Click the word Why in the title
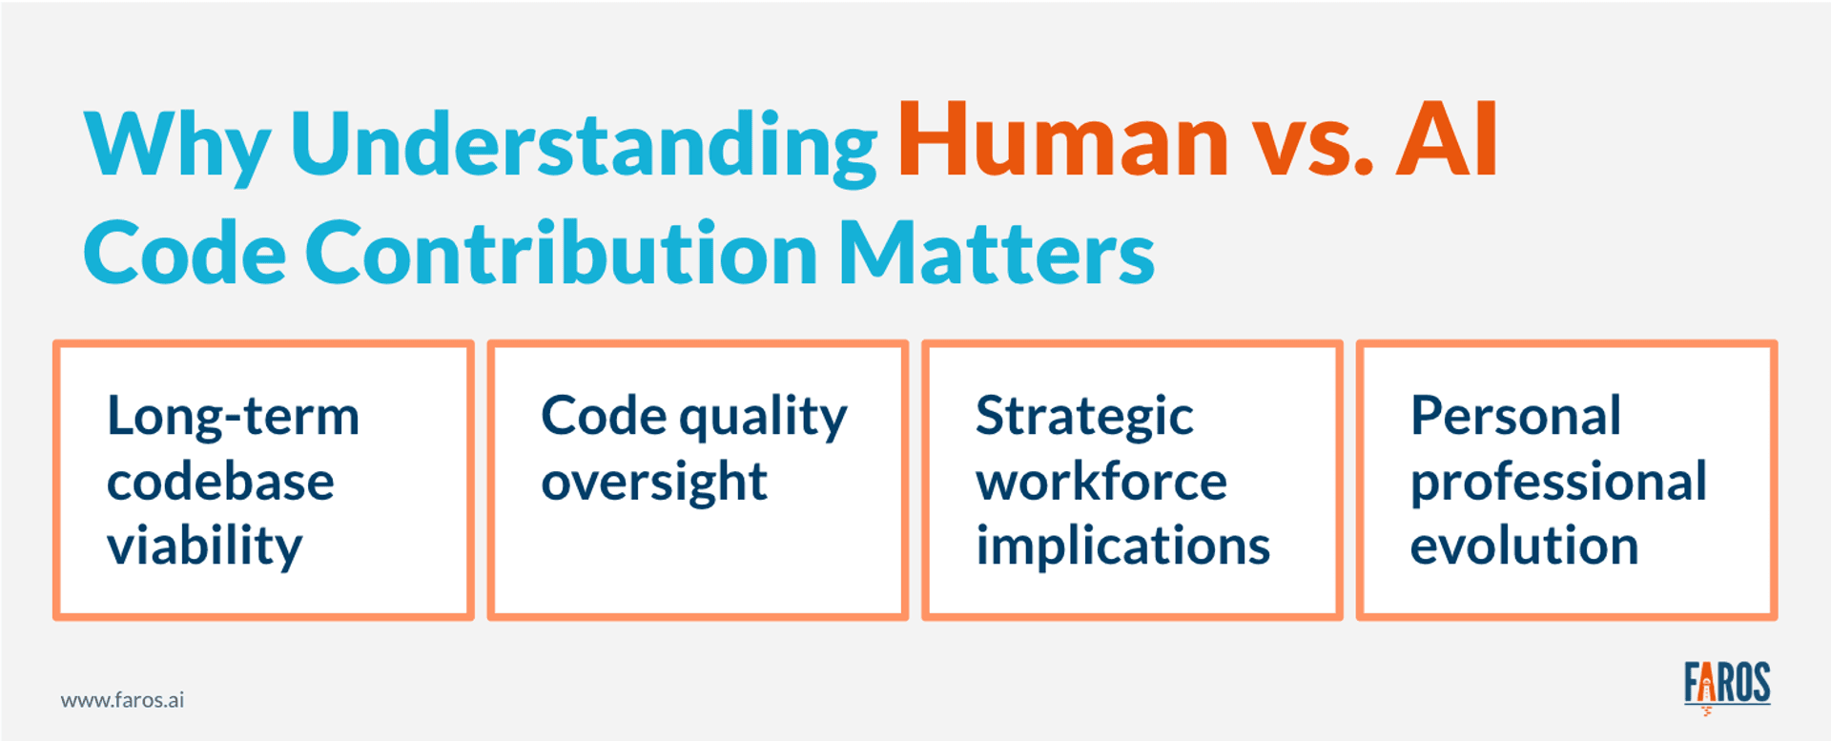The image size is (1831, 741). click(x=177, y=145)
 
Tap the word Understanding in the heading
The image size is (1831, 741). click(x=584, y=145)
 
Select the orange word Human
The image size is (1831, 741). click(x=1063, y=141)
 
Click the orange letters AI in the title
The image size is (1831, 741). click(x=1447, y=141)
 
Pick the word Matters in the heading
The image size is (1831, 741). click(x=997, y=254)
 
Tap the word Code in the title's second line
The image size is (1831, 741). click(x=185, y=254)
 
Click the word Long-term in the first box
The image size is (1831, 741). click(x=234, y=417)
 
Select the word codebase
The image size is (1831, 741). click(x=220, y=482)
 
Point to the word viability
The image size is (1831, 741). click(x=204, y=546)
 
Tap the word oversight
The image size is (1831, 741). click(x=654, y=482)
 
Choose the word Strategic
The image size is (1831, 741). click(x=1084, y=417)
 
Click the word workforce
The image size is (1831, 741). click(x=1101, y=482)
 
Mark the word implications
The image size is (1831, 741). click(x=1122, y=546)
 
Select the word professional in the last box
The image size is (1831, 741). click(x=1558, y=482)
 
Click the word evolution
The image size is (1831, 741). click(x=1524, y=546)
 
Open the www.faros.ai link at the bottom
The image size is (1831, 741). click(x=122, y=700)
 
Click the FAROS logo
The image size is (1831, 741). click(x=1726, y=685)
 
